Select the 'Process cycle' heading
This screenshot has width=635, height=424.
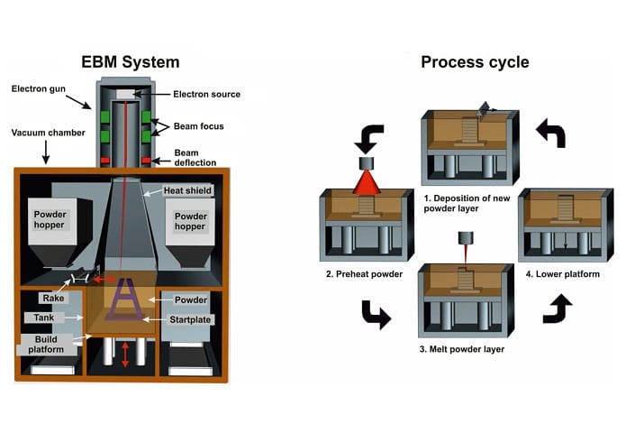(475, 62)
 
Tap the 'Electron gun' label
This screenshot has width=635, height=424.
(40, 88)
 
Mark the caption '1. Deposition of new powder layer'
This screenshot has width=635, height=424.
(465, 202)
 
